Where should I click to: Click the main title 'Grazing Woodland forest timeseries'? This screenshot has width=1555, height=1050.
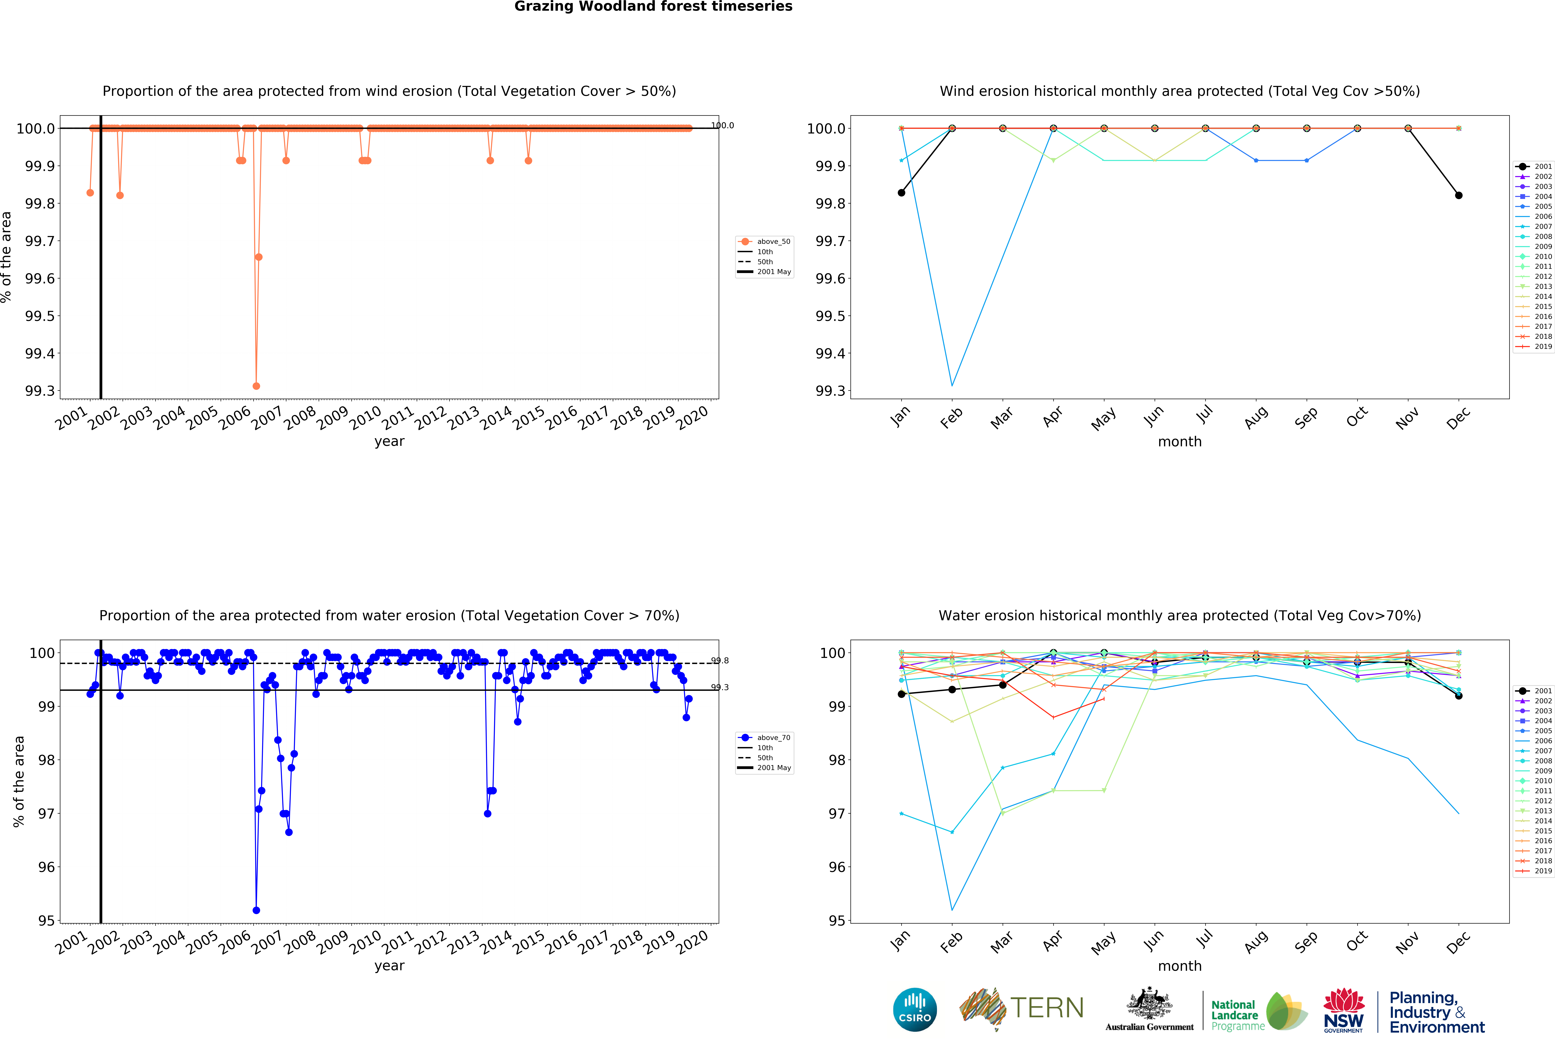tap(653, 7)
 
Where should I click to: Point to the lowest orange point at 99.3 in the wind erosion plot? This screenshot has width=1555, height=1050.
tap(256, 386)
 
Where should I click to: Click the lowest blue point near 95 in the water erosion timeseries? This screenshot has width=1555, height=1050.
tap(256, 910)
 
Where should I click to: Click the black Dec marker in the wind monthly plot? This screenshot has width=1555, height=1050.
tap(1459, 195)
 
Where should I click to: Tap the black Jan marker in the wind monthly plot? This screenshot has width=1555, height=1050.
tap(901, 193)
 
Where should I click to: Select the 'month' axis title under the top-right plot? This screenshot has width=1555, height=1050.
tap(1180, 441)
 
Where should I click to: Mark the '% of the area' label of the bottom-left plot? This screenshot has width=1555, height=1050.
tap(19, 781)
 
